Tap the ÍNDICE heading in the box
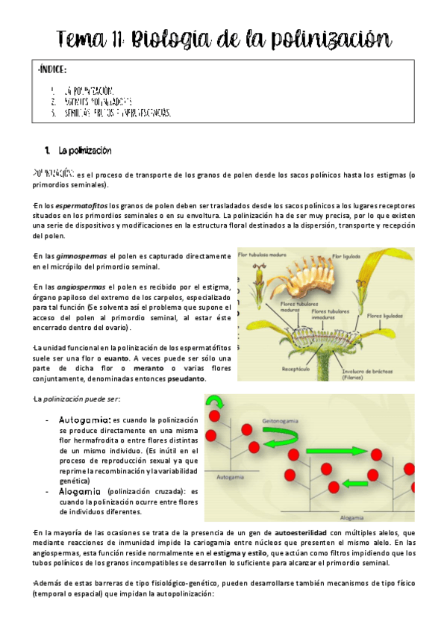[x=52, y=70]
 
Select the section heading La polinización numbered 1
[x=84, y=150]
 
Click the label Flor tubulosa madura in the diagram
[x=262, y=255]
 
